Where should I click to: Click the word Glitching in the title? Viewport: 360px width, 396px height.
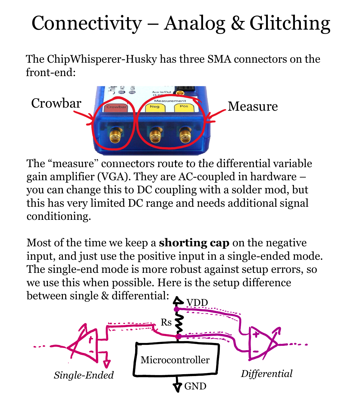pos(290,23)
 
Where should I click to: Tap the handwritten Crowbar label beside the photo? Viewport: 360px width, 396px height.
pos(56,103)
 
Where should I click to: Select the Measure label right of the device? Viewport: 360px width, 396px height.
pos(253,106)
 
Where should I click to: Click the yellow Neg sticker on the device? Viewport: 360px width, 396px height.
pos(154,107)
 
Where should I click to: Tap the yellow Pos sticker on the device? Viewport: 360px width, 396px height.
pos(184,107)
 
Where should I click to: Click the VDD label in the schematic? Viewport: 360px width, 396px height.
pos(197,302)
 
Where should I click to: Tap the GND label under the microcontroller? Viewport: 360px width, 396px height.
pos(195,386)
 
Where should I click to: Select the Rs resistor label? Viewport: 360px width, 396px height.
pos(166,322)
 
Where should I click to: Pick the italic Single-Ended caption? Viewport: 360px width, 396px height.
pos(84,375)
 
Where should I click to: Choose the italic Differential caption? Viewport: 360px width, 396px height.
pos(267,374)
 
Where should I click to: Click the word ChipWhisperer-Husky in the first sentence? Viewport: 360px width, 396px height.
pos(102,59)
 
